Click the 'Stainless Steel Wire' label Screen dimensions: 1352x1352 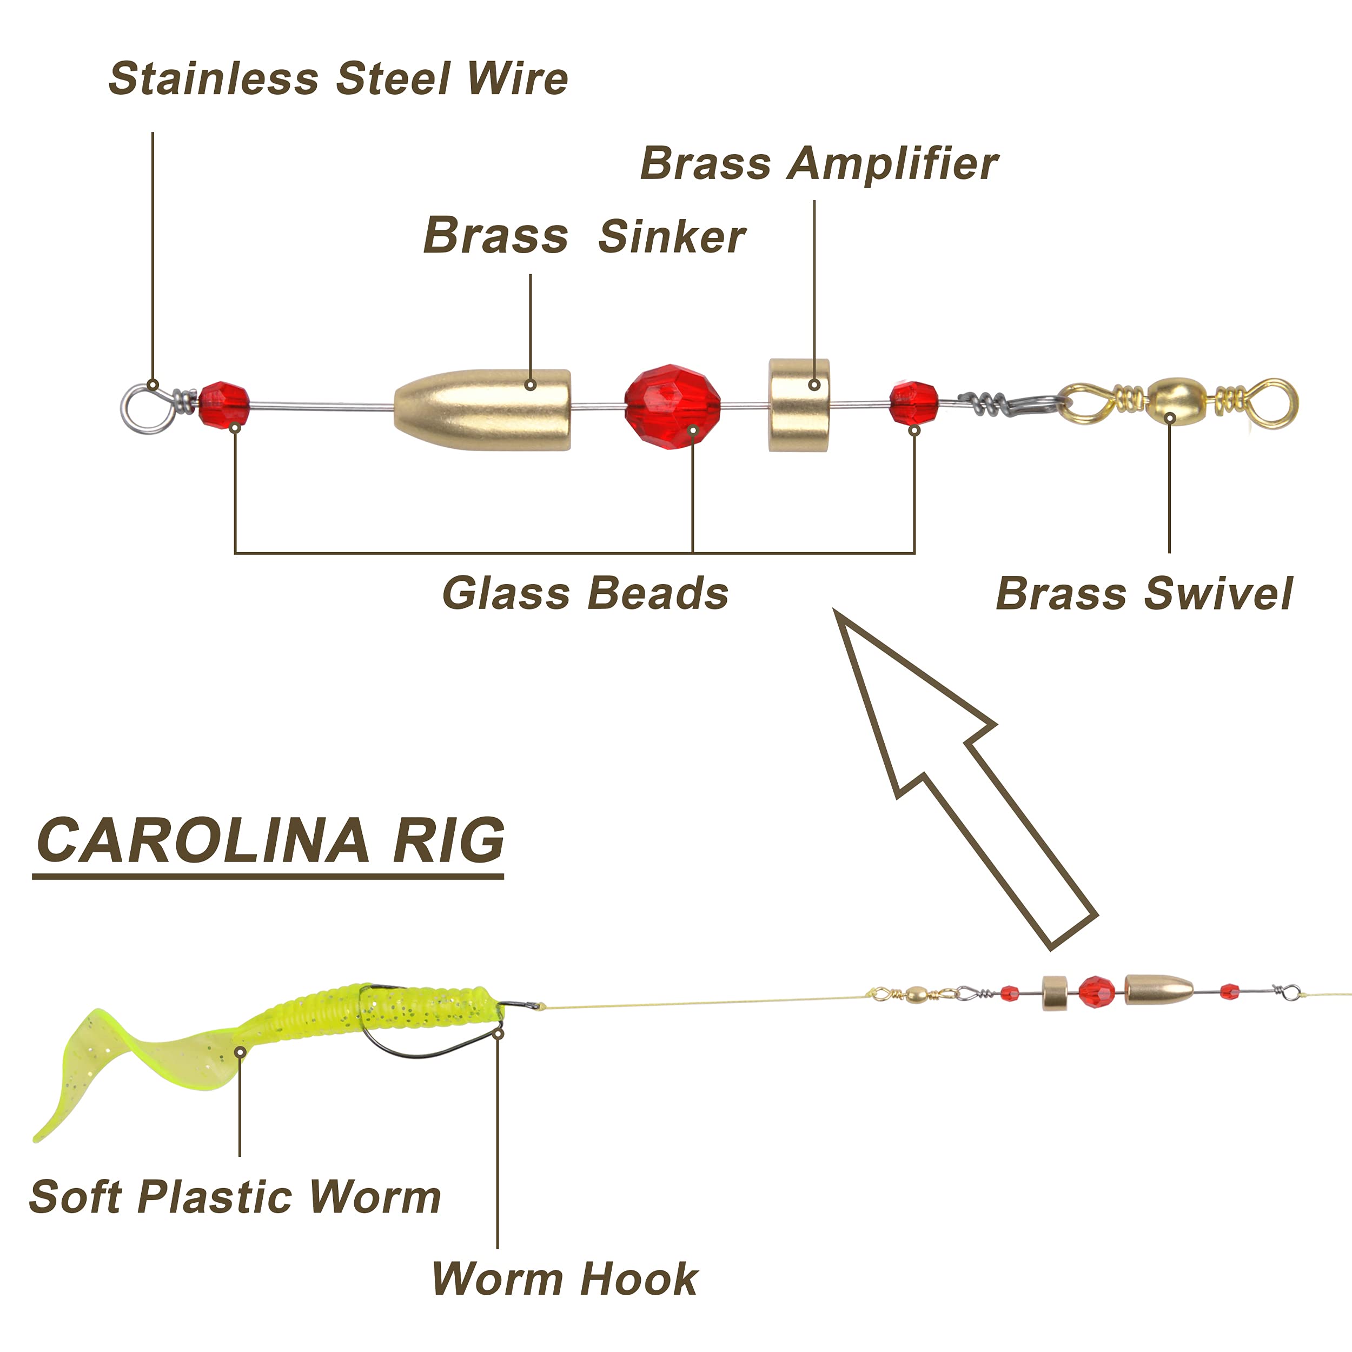point(338,78)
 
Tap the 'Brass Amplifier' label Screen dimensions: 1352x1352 point(819,165)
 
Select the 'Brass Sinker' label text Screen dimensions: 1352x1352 point(584,236)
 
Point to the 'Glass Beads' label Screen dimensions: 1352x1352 point(585,593)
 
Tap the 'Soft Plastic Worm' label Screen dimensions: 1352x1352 point(235,1197)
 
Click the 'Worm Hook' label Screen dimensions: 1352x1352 point(565,1279)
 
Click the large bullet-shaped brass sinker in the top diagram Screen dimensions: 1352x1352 point(482,409)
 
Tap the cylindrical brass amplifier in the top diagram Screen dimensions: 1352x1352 point(799,405)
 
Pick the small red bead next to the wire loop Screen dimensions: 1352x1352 point(224,404)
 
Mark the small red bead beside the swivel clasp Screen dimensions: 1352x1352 point(914,403)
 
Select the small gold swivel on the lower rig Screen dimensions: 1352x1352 point(913,993)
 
